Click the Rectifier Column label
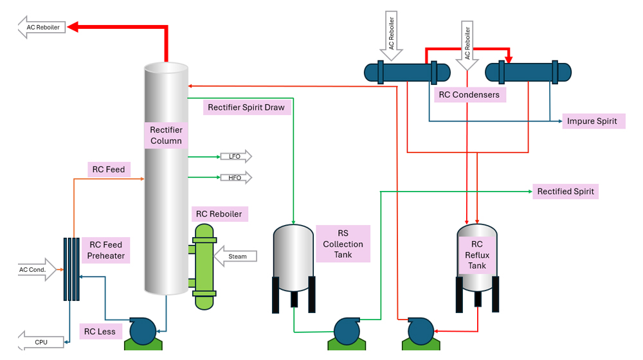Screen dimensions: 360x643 tap(166, 135)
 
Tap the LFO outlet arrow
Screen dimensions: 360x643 tap(235, 156)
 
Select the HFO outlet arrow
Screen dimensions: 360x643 tap(235, 177)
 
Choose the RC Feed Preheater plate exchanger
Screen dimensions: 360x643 tap(71, 269)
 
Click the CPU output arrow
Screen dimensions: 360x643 tap(41, 342)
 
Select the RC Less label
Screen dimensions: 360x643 tap(100, 332)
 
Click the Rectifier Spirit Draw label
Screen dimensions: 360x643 tap(246, 107)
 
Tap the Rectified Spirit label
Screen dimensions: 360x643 tap(565, 192)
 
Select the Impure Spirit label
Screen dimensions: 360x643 tap(592, 121)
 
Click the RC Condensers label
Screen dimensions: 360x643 tap(469, 94)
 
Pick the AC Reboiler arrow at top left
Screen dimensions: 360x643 tap(42, 27)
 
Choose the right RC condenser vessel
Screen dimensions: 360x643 tap(527, 72)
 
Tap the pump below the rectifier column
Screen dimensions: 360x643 tap(143, 332)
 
